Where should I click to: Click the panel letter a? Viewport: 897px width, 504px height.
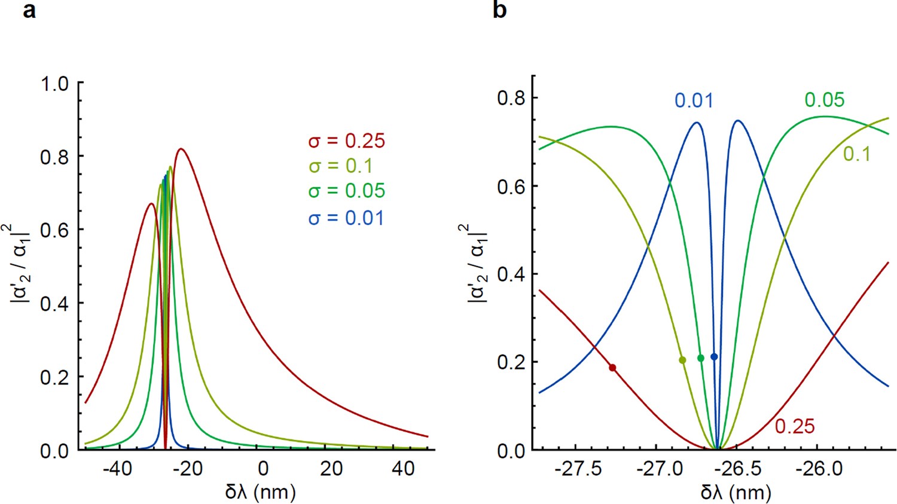[x=29, y=10]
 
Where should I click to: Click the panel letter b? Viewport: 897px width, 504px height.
[x=500, y=10]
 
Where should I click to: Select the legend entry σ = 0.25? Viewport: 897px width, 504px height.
[x=346, y=141]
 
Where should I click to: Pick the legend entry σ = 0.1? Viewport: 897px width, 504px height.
[x=340, y=166]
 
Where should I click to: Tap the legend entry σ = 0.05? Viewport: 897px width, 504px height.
[x=346, y=191]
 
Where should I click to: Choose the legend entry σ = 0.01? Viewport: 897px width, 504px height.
[x=346, y=218]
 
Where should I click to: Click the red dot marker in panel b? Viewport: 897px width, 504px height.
[x=612, y=368]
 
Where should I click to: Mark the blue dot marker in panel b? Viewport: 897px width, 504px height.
[x=714, y=357]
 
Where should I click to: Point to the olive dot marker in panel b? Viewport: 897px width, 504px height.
[x=682, y=360]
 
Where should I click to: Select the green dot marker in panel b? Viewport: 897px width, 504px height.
[x=701, y=358]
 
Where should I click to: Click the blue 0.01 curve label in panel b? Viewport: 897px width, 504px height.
[x=694, y=100]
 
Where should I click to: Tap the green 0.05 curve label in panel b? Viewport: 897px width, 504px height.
[x=824, y=100]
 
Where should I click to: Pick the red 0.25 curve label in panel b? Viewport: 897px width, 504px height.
[x=795, y=426]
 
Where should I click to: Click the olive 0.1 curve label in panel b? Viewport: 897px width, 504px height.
[x=856, y=154]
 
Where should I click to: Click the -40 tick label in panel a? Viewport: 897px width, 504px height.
[x=117, y=468]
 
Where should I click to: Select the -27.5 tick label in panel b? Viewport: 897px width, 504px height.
[x=578, y=468]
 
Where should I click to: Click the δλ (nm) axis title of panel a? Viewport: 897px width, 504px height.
[x=261, y=491]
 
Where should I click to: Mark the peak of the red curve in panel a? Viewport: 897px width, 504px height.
[x=180, y=149]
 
